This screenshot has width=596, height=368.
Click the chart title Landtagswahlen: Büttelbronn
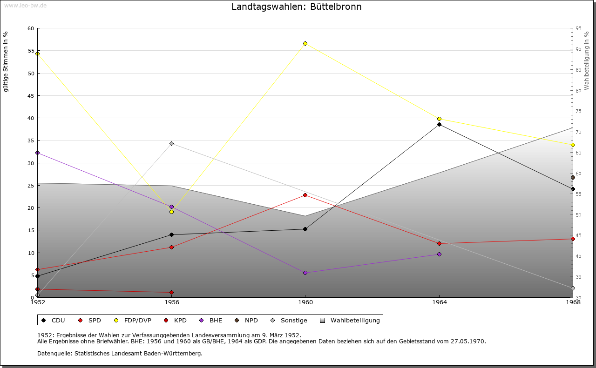(x=296, y=7)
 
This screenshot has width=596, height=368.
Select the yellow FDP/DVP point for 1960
(x=305, y=43)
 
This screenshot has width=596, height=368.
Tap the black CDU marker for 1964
(x=439, y=124)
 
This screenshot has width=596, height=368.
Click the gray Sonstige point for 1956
(x=171, y=143)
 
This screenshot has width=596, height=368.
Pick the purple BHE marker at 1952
(x=37, y=153)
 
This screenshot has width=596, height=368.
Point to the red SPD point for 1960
(x=305, y=195)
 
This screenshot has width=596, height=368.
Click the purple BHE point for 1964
(x=439, y=254)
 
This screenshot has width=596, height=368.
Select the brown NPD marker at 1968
(x=573, y=177)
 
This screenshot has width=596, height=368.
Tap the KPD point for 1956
(x=171, y=292)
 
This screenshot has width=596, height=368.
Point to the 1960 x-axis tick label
(x=305, y=302)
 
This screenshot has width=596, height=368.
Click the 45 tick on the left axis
(x=31, y=96)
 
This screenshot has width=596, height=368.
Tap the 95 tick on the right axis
(x=578, y=28)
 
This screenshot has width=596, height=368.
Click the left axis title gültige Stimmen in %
(x=6, y=61)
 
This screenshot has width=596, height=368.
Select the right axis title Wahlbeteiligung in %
(x=587, y=60)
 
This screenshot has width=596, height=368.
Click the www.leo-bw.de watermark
(x=25, y=5)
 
